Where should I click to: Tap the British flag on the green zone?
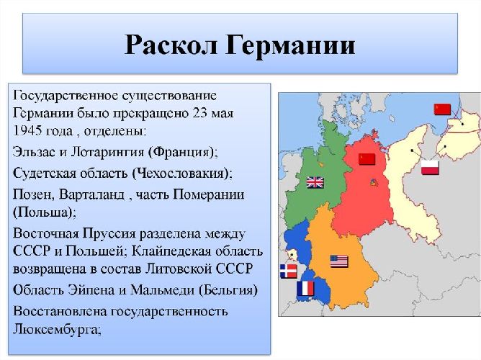(315, 182)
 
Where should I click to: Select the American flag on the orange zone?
(339, 261)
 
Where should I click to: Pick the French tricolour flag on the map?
(305, 289)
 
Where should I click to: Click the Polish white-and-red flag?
(430, 168)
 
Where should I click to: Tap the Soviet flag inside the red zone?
(367, 158)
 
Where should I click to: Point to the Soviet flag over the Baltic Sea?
(441, 109)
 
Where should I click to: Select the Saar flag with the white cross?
(287, 271)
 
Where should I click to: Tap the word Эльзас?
(35, 153)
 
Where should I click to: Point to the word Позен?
(31, 194)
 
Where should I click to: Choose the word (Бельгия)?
(226, 290)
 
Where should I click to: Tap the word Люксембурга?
(55, 330)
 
